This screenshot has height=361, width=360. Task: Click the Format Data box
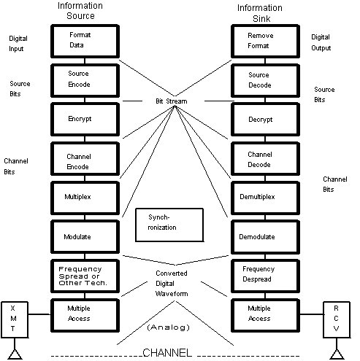point(85,41)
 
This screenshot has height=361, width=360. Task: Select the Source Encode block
point(85,80)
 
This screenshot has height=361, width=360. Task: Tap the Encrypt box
point(85,120)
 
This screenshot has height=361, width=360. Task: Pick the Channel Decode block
point(265,159)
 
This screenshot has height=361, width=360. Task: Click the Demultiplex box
point(265,198)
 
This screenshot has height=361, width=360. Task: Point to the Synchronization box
point(169,225)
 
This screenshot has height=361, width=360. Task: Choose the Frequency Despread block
point(265,276)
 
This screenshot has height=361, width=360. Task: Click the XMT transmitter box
point(15,319)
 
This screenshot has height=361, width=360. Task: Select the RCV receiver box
point(337,319)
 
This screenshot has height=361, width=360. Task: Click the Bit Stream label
point(172,101)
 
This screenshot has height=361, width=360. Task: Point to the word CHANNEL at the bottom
point(167,353)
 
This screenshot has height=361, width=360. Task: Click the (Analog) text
point(169,327)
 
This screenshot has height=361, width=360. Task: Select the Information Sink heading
point(260,13)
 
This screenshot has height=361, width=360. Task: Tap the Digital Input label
point(18,44)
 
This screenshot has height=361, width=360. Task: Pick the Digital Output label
point(321,42)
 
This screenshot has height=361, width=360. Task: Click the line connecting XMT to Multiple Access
point(39,314)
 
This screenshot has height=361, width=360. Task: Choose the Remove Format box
point(265,41)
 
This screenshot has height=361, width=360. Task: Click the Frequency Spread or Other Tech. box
point(85,276)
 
